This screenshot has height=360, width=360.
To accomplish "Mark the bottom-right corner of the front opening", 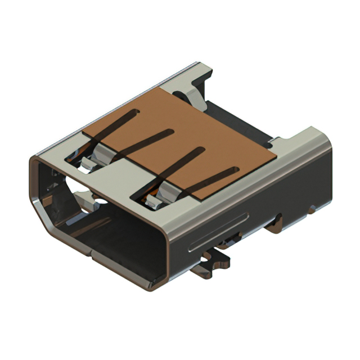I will point(163,281).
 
